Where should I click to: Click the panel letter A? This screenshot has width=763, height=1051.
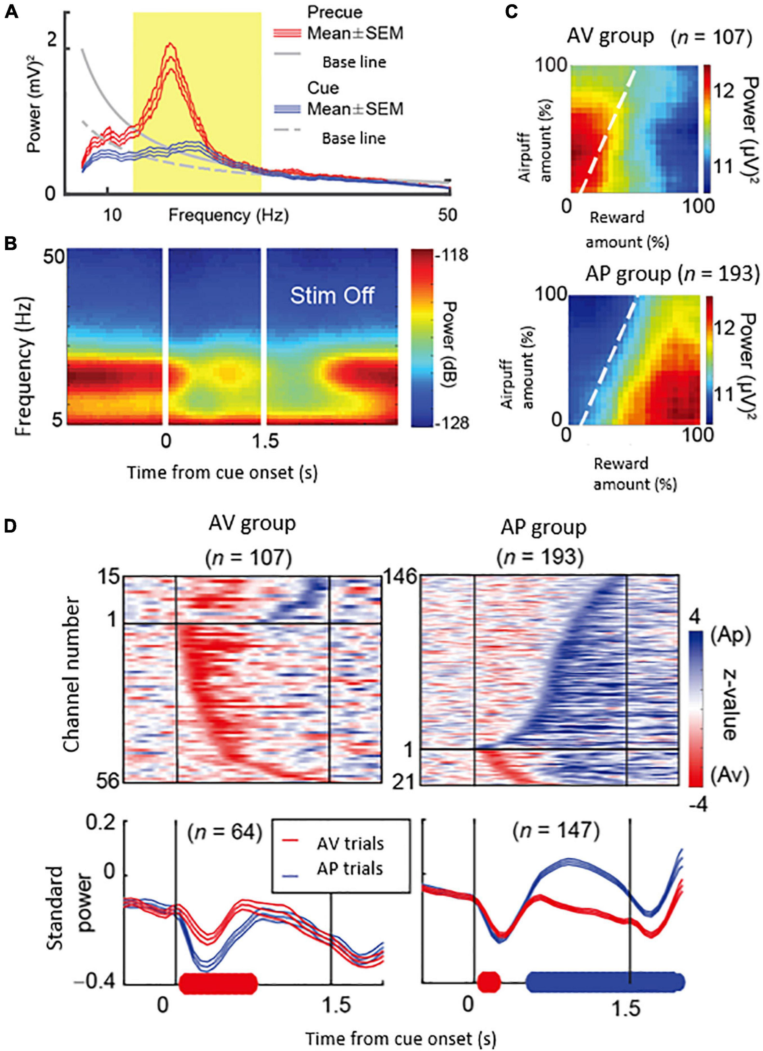[x=11, y=12]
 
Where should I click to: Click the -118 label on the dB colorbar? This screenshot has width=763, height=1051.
[x=452, y=255]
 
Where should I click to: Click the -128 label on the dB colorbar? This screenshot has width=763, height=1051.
[x=452, y=423]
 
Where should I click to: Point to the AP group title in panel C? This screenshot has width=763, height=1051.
[x=628, y=275]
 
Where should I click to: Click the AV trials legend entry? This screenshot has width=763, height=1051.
[x=350, y=844]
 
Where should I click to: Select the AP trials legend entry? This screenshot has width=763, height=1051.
[x=350, y=869]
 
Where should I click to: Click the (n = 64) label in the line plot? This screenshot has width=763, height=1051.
[x=225, y=833]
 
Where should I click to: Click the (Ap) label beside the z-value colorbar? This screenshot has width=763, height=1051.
[x=729, y=636]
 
